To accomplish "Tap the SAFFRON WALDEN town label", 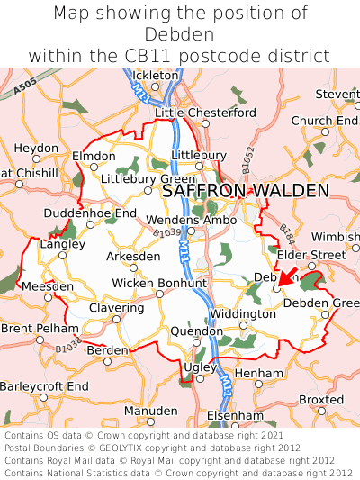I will click(245, 191).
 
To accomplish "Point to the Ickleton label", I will click(155, 75).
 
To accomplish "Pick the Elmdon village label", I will click(94, 155).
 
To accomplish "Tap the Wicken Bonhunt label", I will click(159, 283).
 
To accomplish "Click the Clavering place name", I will click(116, 308).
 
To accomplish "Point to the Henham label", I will click(258, 372).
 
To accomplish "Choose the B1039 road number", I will click(141, 235).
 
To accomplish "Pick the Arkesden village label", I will click(134, 256).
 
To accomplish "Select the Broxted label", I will click(321, 399).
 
